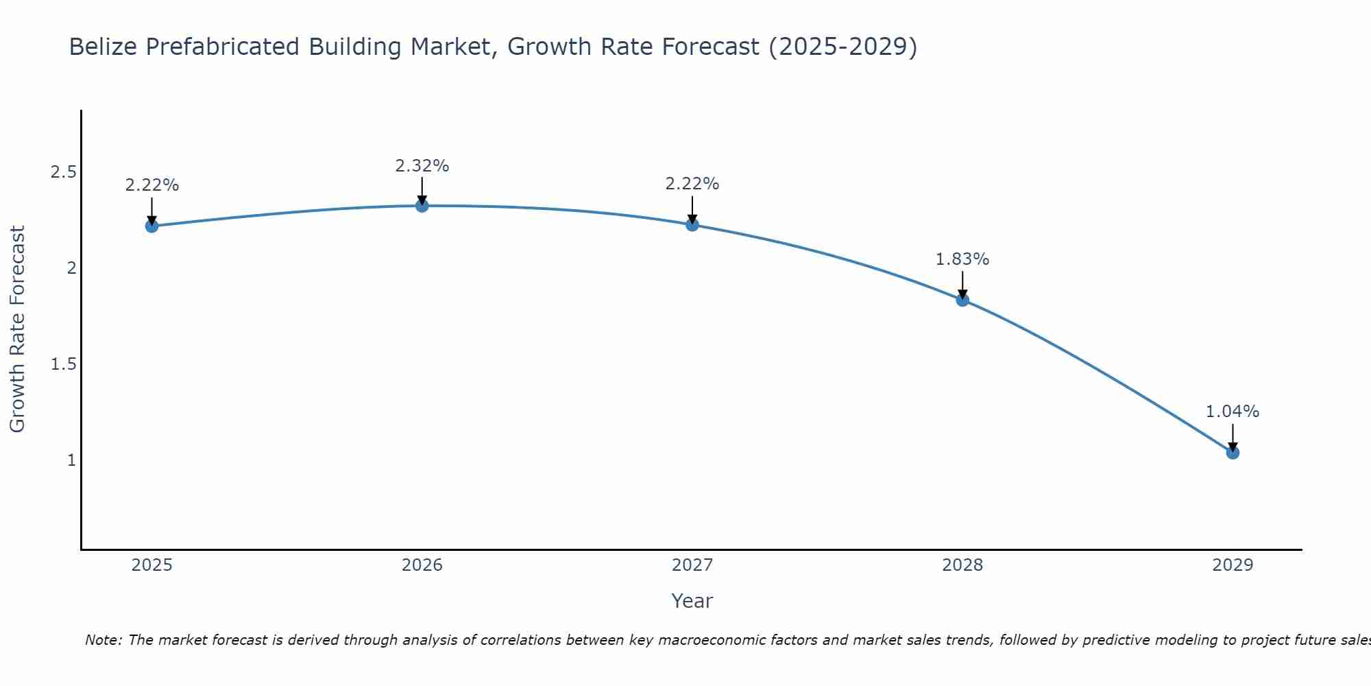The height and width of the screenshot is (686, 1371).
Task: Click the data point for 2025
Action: click(x=152, y=226)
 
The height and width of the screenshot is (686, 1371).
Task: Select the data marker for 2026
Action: click(x=422, y=205)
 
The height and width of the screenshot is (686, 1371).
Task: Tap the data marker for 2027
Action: click(x=692, y=224)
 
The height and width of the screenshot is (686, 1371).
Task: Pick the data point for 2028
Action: click(x=962, y=300)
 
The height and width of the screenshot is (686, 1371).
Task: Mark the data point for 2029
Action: click(x=1233, y=452)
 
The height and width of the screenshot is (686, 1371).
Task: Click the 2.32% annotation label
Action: click(x=422, y=166)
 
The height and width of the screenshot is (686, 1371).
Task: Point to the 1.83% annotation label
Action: click(x=962, y=259)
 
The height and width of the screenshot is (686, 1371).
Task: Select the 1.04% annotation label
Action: click(x=1233, y=412)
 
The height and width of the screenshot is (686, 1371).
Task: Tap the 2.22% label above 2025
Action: click(x=152, y=185)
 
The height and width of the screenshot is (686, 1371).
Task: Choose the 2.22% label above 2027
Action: click(x=692, y=184)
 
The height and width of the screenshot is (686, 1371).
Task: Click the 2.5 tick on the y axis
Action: click(x=63, y=172)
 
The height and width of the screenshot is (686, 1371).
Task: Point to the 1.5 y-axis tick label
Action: click(x=63, y=364)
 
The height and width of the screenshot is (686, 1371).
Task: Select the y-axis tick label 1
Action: click(x=71, y=460)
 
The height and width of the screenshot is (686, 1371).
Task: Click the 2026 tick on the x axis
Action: click(x=422, y=565)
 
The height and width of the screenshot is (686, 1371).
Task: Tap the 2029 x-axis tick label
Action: click(x=1233, y=565)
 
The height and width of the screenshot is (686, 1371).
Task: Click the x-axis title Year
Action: click(x=692, y=601)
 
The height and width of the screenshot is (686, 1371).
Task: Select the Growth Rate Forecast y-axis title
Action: click(x=18, y=329)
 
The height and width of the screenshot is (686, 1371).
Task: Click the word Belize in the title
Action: click(x=104, y=47)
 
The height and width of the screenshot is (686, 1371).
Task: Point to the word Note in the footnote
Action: click(x=103, y=640)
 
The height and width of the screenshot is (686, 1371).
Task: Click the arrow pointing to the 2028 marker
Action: click(x=962, y=284)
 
